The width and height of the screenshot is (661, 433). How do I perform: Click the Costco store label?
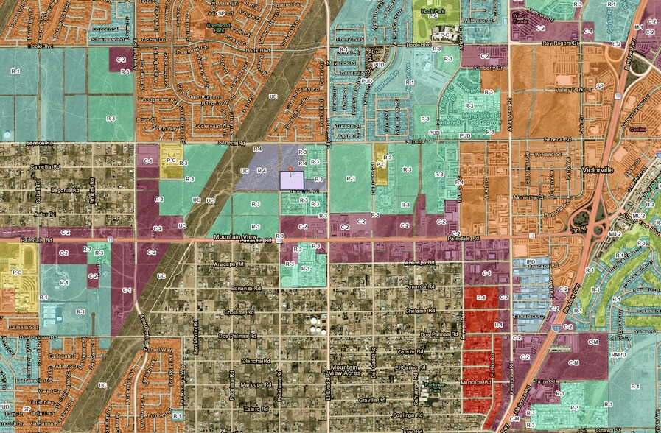pyautogui.click(x=639, y=128)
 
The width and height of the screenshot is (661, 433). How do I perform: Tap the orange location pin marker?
pyautogui.click(x=291, y=169)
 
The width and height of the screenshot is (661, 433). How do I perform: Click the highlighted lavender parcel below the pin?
pyautogui.click(x=295, y=180)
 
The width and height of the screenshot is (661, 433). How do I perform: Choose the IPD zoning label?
pyautogui.click(x=529, y=261)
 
